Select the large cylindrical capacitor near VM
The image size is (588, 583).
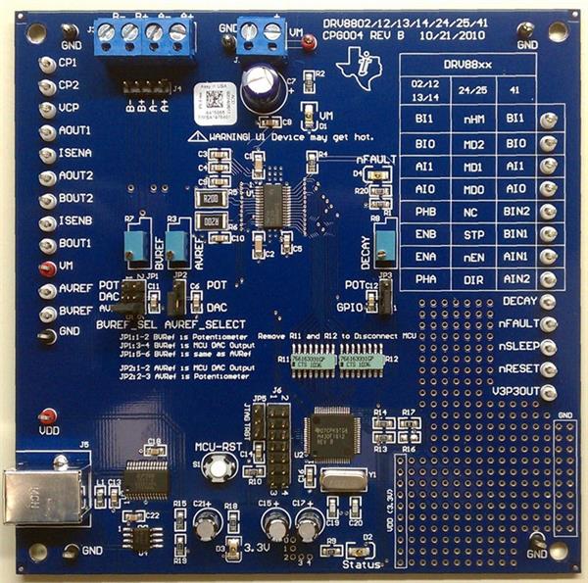click(264, 87)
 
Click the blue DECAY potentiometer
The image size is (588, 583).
click(386, 241)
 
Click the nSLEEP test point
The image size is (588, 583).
click(549, 347)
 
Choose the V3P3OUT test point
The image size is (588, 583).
click(549, 393)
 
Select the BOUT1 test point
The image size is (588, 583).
click(45, 245)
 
